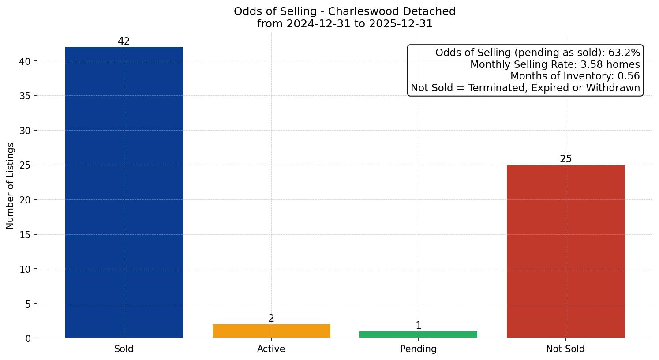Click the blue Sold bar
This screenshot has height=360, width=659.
pyautogui.click(x=124, y=192)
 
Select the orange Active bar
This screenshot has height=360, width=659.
pyautogui.click(x=271, y=331)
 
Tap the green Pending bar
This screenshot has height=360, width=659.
pyautogui.click(x=418, y=334)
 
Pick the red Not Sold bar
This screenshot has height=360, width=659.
pyautogui.click(x=565, y=251)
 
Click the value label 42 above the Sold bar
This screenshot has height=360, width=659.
pyautogui.click(x=124, y=41)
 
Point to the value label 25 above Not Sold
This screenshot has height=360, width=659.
pyautogui.click(x=565, y=159)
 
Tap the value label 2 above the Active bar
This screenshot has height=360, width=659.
pyautogui.click(x=271, y=319)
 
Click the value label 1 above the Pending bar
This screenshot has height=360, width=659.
pyautogui.click(x=418, y=326)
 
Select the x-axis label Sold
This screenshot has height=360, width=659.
pyautogui.click(x=124, y=349)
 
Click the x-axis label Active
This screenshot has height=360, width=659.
pyautogui.click(x=271, y=349)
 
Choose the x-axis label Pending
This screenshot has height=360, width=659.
pyautogui.click(x=418, y=349)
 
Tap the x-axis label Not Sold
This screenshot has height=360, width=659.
pyautogui.click(x=565, y=349)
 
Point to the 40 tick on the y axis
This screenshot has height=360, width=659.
pyautogui.click(x=25, y=61)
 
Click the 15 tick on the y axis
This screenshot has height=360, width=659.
pyautogui.click(x=25, y=235)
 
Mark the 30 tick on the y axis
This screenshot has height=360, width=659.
pyautogui.click(x=25, y=131)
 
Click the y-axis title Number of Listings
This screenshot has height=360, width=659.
pyautogui.click(x=11, y=186)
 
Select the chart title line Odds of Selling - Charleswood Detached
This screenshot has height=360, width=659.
pyautogui.click(x=344, y=11)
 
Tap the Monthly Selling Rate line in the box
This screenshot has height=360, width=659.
pyautogui.click(x=554, y=64)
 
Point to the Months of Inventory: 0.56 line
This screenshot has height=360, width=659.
pyautogui.click(x=575, y=76)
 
